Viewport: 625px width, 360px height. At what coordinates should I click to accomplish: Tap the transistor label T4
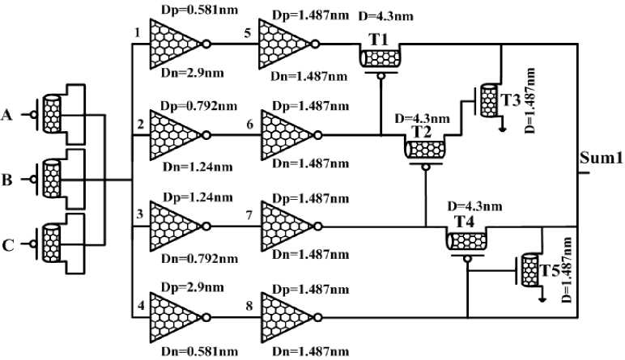pyautogui.click(x=464, y=220)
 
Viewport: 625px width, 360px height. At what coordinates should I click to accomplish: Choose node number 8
pyautogui.click(x=251, y=307)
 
